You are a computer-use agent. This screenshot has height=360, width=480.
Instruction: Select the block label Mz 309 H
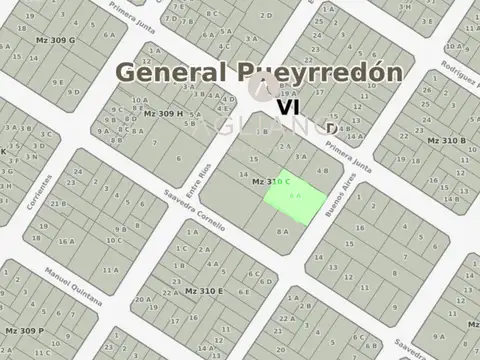pos(163,113)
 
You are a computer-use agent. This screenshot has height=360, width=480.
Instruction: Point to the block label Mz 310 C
pos(270,181)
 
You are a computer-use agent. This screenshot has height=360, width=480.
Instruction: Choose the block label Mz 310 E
pos(204,290)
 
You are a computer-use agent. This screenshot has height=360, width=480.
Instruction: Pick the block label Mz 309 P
pos(24,329)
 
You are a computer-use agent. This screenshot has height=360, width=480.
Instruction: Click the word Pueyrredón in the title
pos(322,72)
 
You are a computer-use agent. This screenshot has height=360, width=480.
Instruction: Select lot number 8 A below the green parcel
pos(283,231)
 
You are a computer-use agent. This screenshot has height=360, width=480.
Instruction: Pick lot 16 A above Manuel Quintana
pos(66,241)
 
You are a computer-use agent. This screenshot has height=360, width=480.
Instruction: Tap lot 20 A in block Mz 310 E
pos(144,298)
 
